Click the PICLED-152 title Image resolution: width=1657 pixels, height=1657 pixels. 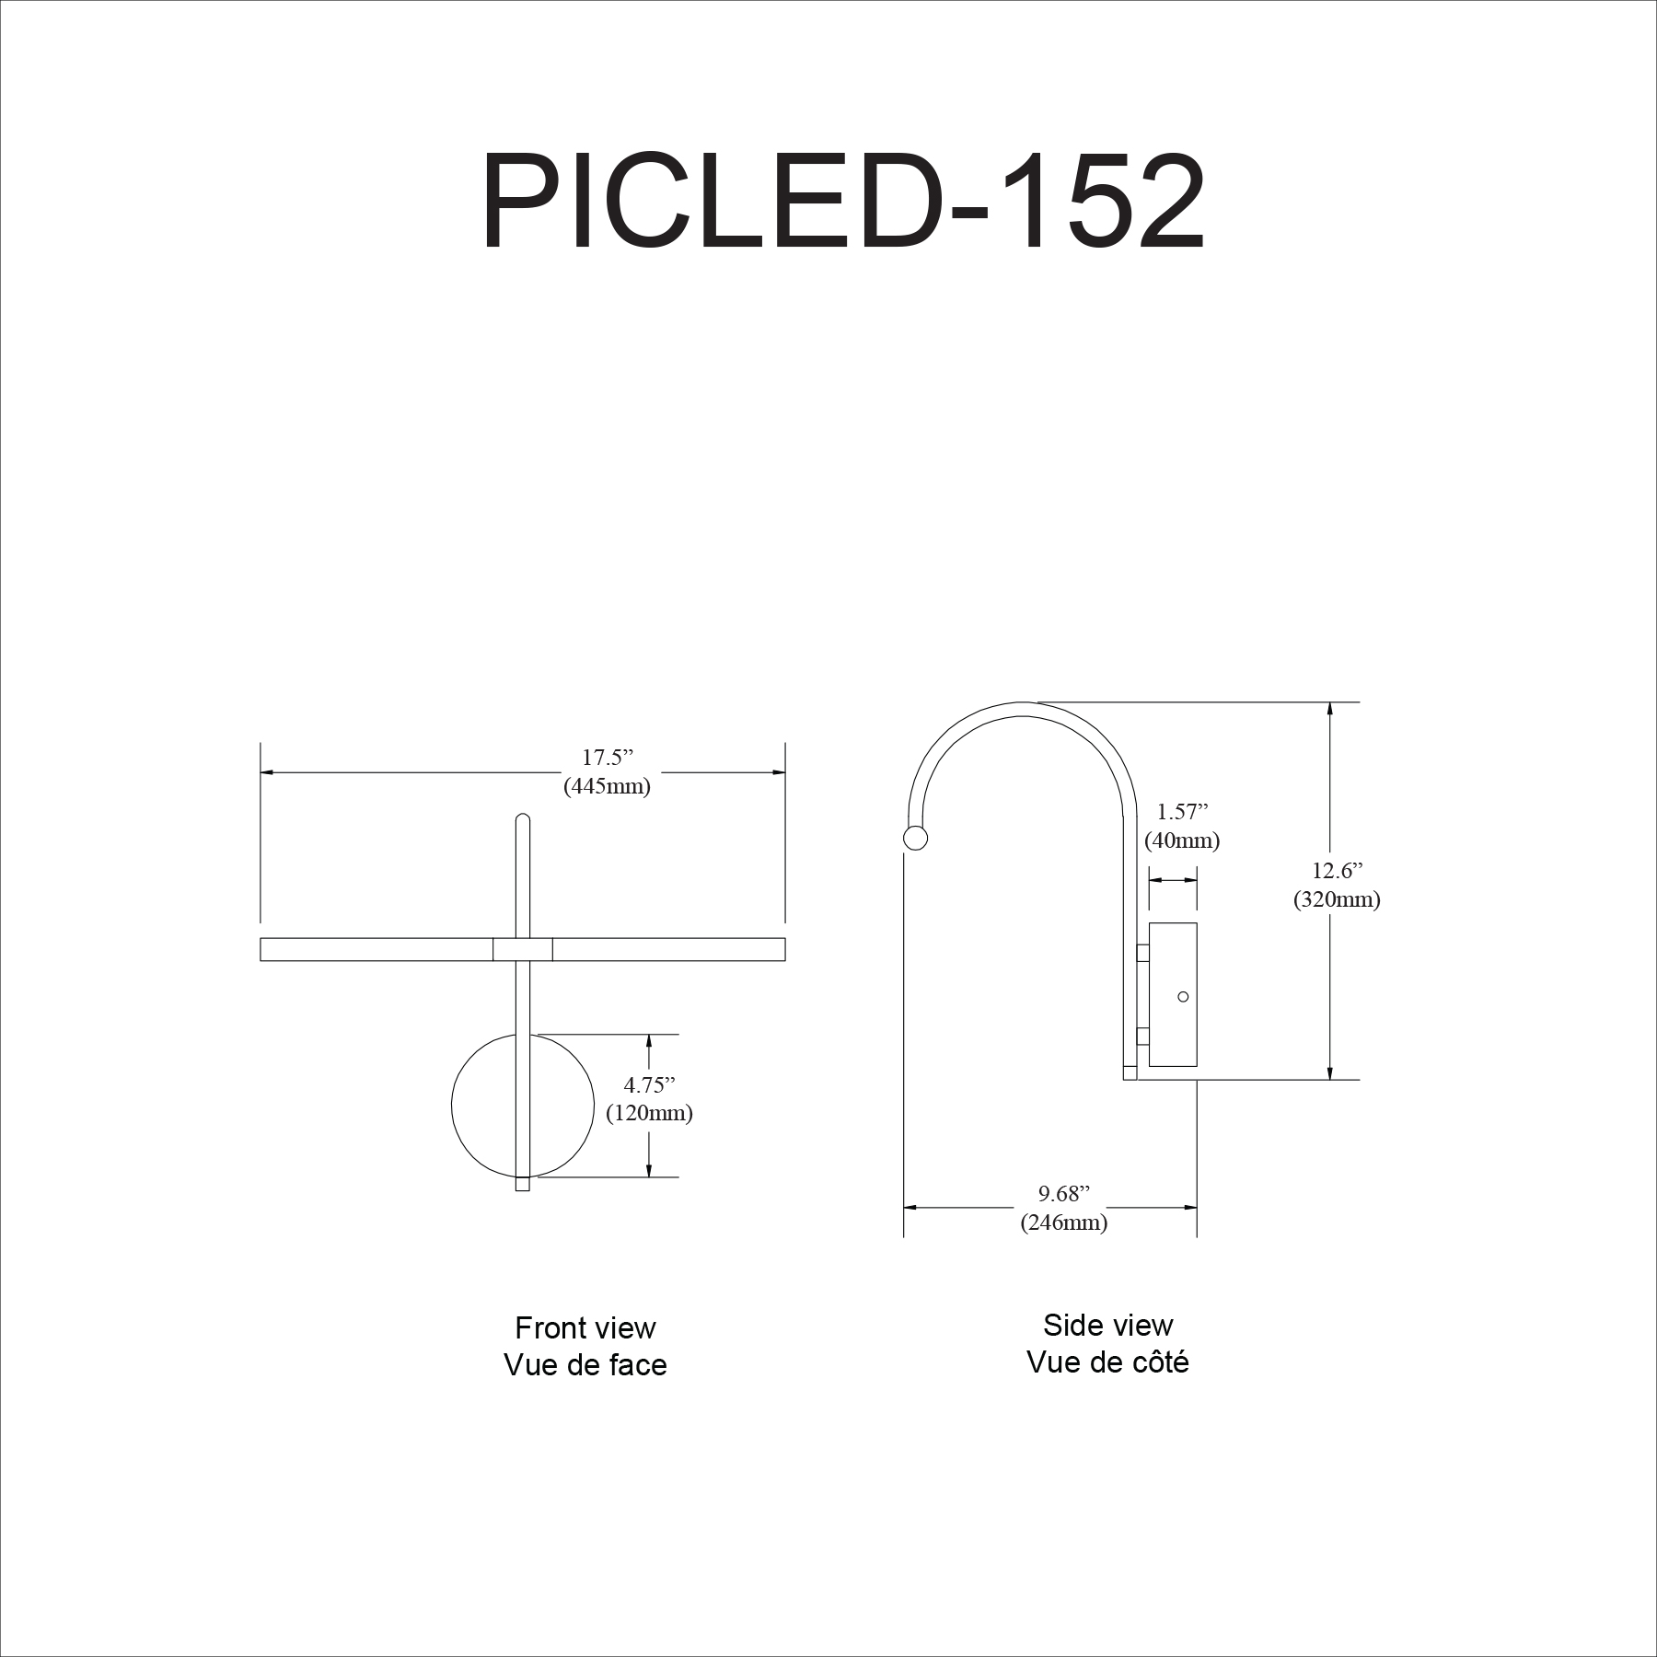coord(842,203)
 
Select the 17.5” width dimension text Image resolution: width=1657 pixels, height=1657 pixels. coord(608,758)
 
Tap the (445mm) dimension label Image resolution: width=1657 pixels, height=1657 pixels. coord(607,787)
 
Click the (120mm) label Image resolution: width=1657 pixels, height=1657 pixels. coord(649,1113)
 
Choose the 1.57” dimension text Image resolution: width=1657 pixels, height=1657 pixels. coord(1182,811)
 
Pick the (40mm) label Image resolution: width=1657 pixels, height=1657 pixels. coord(1182,840)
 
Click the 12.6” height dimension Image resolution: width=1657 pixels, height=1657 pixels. coord(1338,870)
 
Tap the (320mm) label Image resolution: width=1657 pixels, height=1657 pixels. coord(1337,899)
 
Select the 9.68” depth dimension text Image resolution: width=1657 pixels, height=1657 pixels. coord(1064,1194)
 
